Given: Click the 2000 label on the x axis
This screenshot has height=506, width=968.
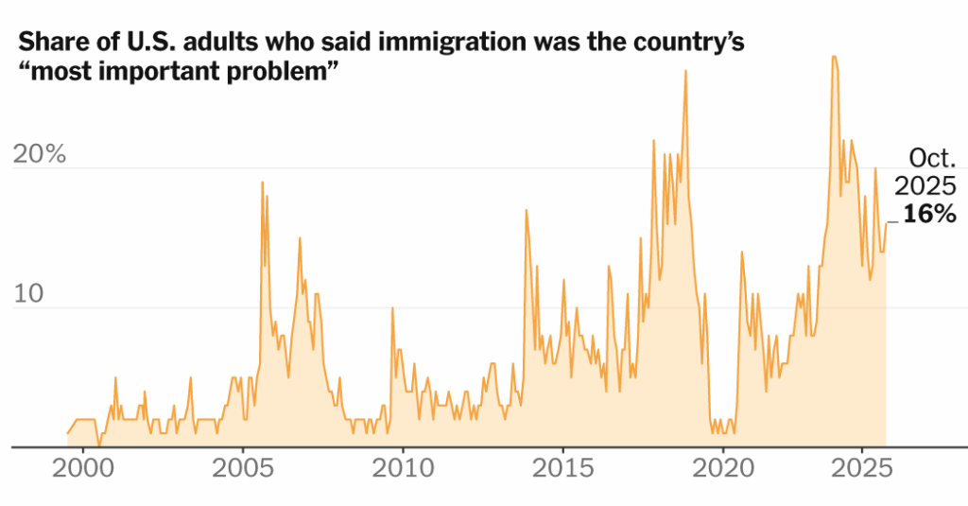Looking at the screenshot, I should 83,470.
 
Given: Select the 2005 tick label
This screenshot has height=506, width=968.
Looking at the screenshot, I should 243,470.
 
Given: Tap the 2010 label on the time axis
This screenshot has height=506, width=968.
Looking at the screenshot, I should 403,470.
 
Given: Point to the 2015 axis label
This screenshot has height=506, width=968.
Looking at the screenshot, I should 562,470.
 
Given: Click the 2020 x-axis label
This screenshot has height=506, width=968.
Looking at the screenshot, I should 722,470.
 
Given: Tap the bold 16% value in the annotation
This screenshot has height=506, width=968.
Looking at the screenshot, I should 930,214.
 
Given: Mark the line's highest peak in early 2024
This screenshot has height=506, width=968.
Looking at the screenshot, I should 834,57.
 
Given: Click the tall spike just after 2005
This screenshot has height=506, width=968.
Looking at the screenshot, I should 262,182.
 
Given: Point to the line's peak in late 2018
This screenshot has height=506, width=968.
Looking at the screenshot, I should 685,71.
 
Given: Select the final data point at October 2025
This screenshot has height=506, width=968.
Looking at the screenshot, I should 886,223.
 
